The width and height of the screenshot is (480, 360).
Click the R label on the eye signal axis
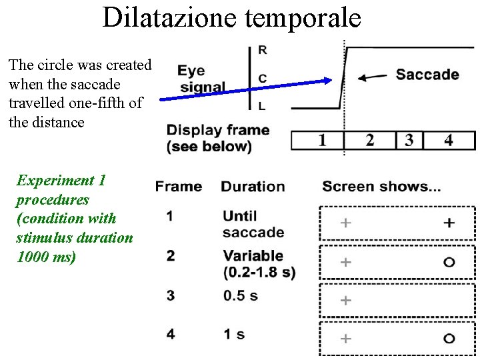pyautogui.click(x=262, y=51)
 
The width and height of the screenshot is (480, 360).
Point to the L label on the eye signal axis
pyautogui.click(x=261, y=105)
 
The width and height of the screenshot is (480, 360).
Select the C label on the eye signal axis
pyautogui.click(x=262, y=79)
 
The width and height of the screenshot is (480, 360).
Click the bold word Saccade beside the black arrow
pyautogui.click(x=427, y=74)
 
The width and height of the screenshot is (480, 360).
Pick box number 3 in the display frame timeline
pyautogui.click(x=409, y=141)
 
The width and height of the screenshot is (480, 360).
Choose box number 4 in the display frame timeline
pyautogui.click(x=448, y=141)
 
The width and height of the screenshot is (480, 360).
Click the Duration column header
pyautogui.click(x=253, y=187)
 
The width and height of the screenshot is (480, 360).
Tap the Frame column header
pyautogui.click(x=179, y=187)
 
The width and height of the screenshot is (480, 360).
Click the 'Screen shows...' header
pyautogui.click(x=381, y=187)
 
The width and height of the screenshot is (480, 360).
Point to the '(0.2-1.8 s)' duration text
pyautogui.click(x=260, y=272)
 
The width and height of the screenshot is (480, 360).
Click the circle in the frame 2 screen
pyautogui.click(x=449, y=262)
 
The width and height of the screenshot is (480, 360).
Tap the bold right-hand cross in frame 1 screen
pyautogui.click(x=449, y=223)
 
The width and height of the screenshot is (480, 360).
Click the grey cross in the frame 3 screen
pyautogui.click(x=345, y=301)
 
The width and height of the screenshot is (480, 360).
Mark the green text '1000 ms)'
pyautogui.click(x=46, y=257)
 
